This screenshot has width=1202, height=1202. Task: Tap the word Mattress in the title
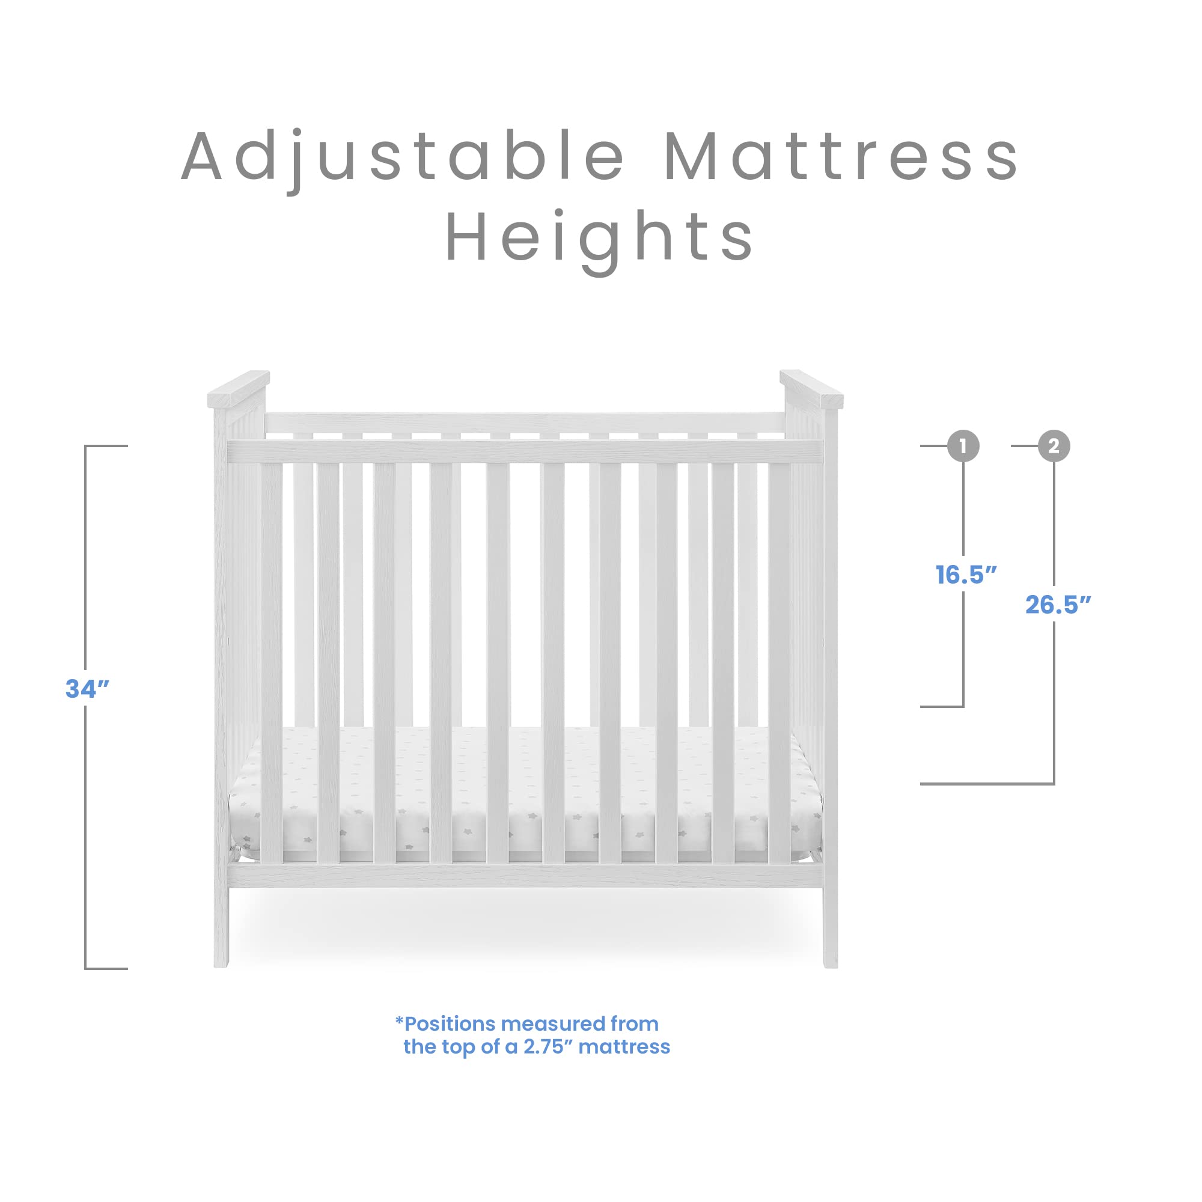coord(841,157)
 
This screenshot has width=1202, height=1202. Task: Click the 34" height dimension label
coord(88,689)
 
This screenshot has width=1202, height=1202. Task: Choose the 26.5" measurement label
coord(1058,605)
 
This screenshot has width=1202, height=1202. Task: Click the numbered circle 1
coord(963,446)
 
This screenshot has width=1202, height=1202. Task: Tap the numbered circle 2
coord(1054,446)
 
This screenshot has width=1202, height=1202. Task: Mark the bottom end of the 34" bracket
coord(106,969)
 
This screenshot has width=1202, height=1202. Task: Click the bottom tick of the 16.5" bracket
coord(942,706)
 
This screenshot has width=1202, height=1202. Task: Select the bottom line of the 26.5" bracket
coord(987,784)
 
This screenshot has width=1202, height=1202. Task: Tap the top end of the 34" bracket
coord(106,446)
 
